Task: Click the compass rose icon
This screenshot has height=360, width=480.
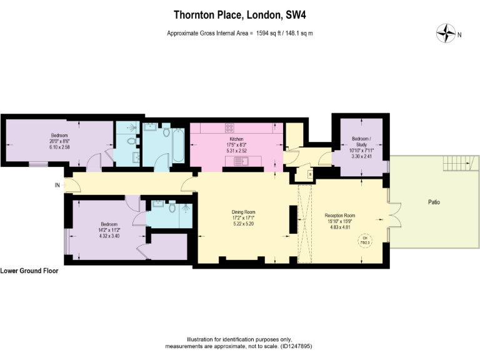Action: [x=446, y=34]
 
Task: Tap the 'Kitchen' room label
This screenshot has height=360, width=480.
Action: [x=236, y=139]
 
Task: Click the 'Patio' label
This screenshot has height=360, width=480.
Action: [x=434, y=202]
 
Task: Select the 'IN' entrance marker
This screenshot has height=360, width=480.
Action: [x=57, y=185]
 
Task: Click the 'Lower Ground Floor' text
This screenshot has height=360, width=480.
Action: [x=29, y=271]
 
